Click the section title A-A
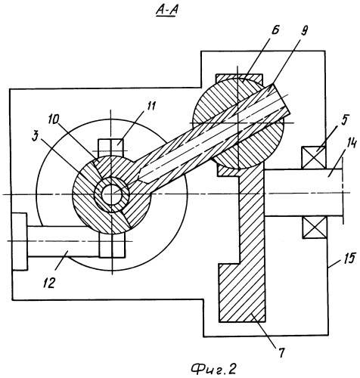click(x=166, y=11)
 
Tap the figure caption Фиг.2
click(x=213, y=369)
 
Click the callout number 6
click(x=275, y=31)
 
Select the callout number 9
click(x=304, y=31)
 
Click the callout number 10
click(x=54, y=120)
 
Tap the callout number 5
click(x=344, y=121)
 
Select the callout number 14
click(x=351, y=144)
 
